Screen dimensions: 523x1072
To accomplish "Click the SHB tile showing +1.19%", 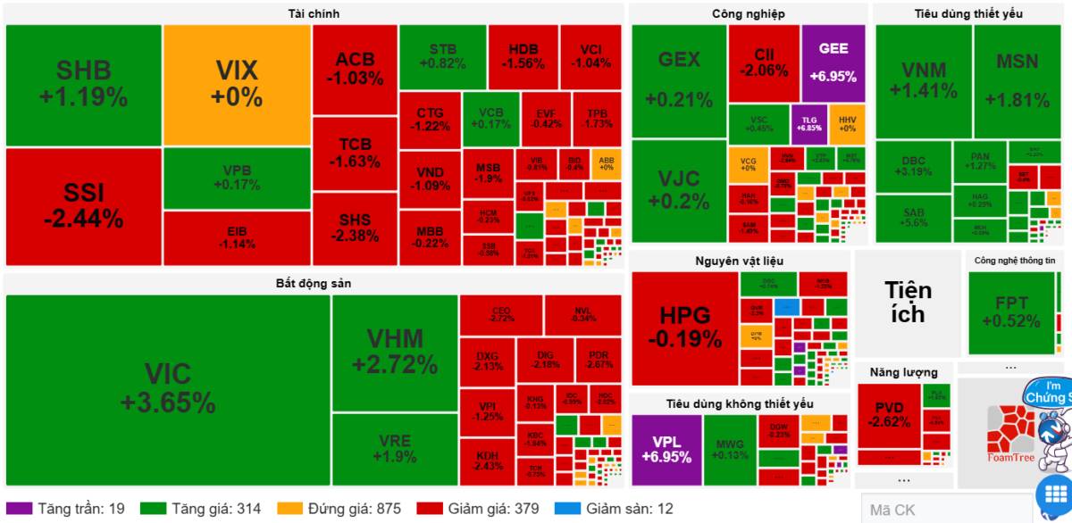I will click(x=83, y=84).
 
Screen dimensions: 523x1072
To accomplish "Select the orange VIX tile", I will click(x=237, y=84).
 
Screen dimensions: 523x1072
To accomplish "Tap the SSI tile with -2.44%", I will click(x=83, y=205).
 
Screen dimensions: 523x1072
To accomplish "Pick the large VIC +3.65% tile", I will click(x=168, y=390).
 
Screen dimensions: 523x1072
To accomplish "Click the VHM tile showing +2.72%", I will click(x=395, y=352).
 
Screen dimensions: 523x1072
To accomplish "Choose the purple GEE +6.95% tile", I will click(x=833, y=62).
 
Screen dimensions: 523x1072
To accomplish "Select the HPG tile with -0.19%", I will click(x=684, y=327).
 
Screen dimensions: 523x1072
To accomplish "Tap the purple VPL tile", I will click(x=666, y=449).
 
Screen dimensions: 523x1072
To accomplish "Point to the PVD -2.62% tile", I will click(x=889, y=415).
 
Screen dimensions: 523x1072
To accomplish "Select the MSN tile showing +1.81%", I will click(x=1018, y=80).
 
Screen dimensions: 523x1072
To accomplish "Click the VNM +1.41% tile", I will click(x=923, y=80).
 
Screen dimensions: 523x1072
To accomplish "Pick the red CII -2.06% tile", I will click(x=764, y=62).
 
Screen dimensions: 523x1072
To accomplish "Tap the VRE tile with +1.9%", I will click(x=395, y=449).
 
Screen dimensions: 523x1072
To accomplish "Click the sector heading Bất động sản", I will click(x=313, y=284).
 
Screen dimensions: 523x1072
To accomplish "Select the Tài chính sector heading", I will click(x=313, y=13).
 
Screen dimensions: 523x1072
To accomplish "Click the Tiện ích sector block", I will click(x=908, y=302).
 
